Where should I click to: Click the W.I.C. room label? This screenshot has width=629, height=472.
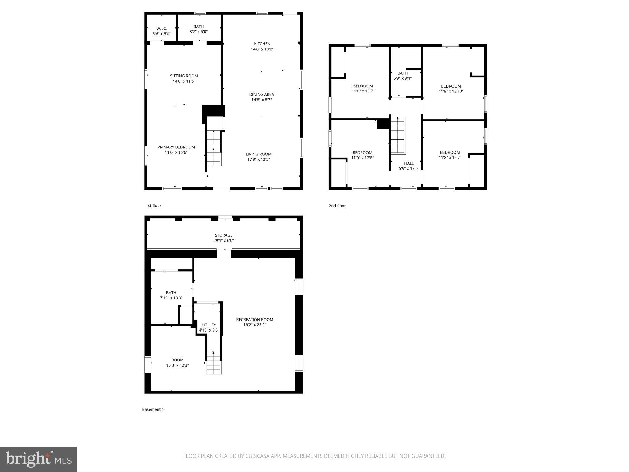tap(162, 29)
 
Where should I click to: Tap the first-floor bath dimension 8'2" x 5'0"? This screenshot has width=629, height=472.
tap(198, 32)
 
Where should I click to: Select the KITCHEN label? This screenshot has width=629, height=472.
tap(262, 44)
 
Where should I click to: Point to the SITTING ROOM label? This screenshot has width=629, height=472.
tap(184, 76)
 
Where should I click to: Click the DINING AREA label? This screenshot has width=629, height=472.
tap(261, 94)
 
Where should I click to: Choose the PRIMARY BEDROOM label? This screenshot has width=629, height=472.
tap(176, 147)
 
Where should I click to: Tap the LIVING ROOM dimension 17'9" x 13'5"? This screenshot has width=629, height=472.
tap(259, 159)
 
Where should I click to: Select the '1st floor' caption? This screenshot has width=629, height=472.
tap(153, 206)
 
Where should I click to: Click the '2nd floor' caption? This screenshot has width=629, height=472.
tap(337, 206)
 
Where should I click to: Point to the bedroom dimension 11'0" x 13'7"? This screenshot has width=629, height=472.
tap(363, 91)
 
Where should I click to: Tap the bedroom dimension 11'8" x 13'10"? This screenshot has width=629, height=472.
tap(451, 91)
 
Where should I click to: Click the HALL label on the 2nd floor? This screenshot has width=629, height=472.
tap(409, 163)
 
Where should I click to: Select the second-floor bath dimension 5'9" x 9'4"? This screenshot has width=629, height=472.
tap(402, 78)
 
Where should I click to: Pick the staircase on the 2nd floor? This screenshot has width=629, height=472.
tap(398, 135)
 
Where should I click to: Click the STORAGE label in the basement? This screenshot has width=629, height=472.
tap(224, 235)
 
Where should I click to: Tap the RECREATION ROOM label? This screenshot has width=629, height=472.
tap(255, 320)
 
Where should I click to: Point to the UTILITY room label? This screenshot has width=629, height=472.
tap(209, 325)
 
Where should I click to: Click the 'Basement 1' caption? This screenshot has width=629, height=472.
tap(153, 409)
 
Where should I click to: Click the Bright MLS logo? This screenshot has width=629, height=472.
tap(38, 459)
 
